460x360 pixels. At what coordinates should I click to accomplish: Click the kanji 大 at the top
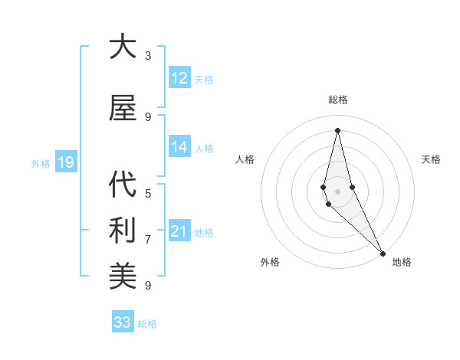point(123,47)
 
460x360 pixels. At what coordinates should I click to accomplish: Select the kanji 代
point(123,185)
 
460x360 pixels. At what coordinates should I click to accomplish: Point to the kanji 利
point(123,231)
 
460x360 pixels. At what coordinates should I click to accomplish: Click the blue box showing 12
point(179,78)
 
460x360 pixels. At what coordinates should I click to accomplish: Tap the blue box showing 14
point(179,148)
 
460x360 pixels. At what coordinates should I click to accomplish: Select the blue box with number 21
point(179,232)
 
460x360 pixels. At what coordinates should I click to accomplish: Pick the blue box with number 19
point(65,162)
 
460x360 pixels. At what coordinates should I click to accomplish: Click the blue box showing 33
point(123,322)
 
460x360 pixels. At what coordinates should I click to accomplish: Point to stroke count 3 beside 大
point(148,56)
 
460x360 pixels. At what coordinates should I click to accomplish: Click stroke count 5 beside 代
point(148,194)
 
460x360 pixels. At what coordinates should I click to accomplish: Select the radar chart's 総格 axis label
point(337,100)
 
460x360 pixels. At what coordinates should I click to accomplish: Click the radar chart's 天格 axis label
point(432,159)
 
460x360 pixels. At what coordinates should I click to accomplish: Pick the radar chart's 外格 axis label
point(270,263)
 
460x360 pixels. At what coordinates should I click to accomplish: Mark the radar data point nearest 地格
point(383,253)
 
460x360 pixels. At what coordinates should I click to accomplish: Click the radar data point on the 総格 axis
point(337,130)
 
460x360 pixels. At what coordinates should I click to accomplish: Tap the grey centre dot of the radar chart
point(337,191)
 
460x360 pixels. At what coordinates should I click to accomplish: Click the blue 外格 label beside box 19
point(41,163)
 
